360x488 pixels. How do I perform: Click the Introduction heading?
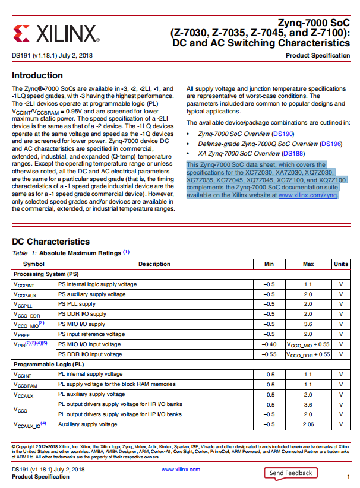tap(37, 75)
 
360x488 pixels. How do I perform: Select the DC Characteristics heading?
tap(50, 242)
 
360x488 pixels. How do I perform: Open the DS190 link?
tap(282, 134)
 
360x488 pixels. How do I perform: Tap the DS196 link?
tap(331, 144)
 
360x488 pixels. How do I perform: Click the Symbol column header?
tap(34, 264)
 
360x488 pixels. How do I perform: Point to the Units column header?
tap(341, 264)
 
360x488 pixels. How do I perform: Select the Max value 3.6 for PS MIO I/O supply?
tap(308, 324)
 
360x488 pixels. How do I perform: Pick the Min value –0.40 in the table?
tap(269, 344)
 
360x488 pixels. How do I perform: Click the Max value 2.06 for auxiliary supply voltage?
tap(308, 424)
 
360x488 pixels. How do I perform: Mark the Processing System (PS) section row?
tap(46, 274)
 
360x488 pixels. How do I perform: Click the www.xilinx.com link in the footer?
tap(181, 470)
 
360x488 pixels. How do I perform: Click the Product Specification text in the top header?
tap(318, 56)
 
